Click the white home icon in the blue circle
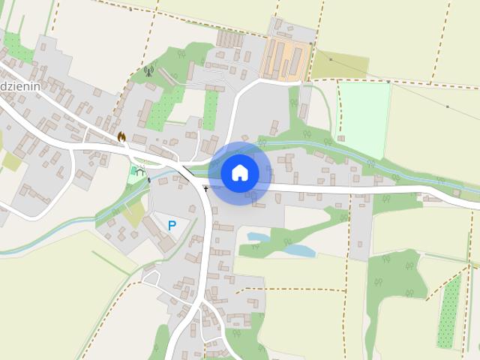pyautogui.click(x=239, y=173)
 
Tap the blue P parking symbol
pyautogui.click(x=172, y=225)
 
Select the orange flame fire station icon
pyautogui.click(x=121, y=137)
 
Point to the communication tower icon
pyautogui.click(x=148, y=72)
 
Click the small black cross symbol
pyautogui.click(x=205, y=189)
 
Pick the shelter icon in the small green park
pyautogui.click(x=139, y=171)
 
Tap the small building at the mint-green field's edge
pyautogui.click(x=340, y=139)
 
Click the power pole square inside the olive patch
pyautogui.click(x=331, y=58)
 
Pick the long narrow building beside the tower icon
pyautogui.click(x=167, y=76)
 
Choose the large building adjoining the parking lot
pyautogui.click(x=164, y=242)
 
